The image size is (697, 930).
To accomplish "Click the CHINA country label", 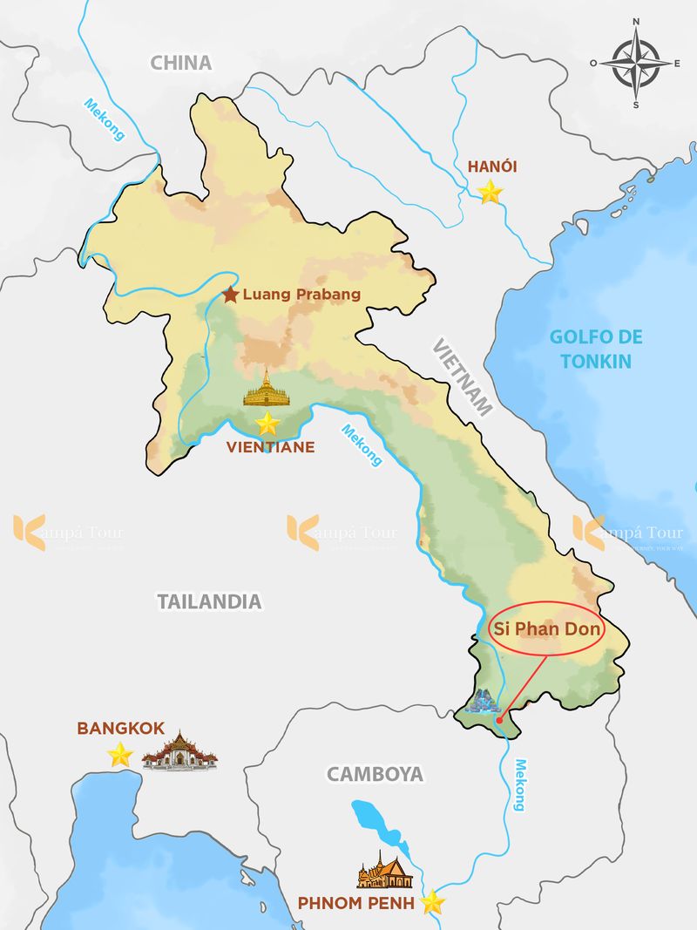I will (x=181, y=63).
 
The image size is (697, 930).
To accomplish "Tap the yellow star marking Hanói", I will (x=491, y=192).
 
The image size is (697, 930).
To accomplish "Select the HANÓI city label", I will (x=492, y=166).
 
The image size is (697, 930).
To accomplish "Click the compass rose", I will (x=636, y=63).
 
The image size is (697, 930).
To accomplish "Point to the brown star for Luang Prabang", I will (x=230, y=295).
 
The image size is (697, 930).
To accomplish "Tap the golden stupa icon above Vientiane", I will (x=267, y=389).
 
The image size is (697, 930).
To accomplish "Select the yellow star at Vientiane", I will (x=267, y=424).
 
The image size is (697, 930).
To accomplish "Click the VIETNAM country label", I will (x=463, y=376).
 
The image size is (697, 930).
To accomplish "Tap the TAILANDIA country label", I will (x=209, y=601).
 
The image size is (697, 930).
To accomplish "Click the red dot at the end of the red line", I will (x=498, y=720).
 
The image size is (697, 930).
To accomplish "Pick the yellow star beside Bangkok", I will (x=120, y=755).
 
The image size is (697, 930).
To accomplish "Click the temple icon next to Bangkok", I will (x=179, y=750).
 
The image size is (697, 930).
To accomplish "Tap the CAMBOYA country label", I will (x=375, y=773).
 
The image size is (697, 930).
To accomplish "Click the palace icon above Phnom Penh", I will (x=384, y=869).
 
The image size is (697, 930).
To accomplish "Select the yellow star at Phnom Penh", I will (x=432, y=902).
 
